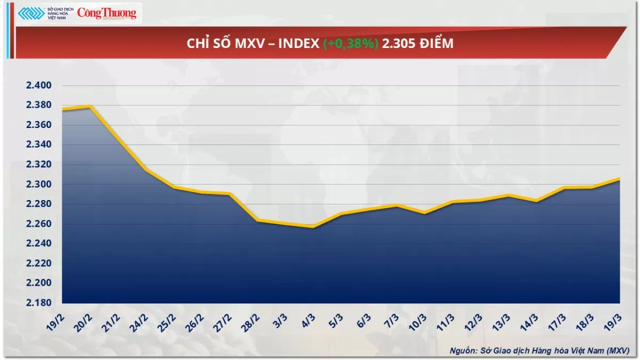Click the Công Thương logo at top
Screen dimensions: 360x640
coord(107,13)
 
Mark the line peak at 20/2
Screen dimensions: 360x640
coord(90,106)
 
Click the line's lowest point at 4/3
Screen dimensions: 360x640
coord(313,227)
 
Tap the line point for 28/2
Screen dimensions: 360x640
coord(257,220)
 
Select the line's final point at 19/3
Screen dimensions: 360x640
coord(619,179)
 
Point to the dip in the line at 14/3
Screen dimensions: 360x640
coord(535,201)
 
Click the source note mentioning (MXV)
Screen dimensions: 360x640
coord(539,350)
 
